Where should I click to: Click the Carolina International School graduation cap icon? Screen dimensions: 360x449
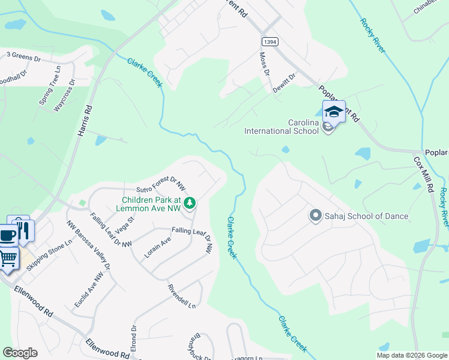tap(334, 112)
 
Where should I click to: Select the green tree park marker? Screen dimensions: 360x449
tap(190, 204)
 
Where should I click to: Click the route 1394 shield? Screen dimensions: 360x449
tap(269, 41)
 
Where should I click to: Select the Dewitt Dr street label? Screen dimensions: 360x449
tap(288, 82)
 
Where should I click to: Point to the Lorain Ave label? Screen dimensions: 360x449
tap(157, 247)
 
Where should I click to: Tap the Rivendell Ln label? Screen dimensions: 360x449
tap(182, 295)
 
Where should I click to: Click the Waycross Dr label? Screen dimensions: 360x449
tap(64, 95)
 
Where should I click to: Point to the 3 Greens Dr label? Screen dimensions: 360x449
tap(23, 59)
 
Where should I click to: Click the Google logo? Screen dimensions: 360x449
tap(20, 353)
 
